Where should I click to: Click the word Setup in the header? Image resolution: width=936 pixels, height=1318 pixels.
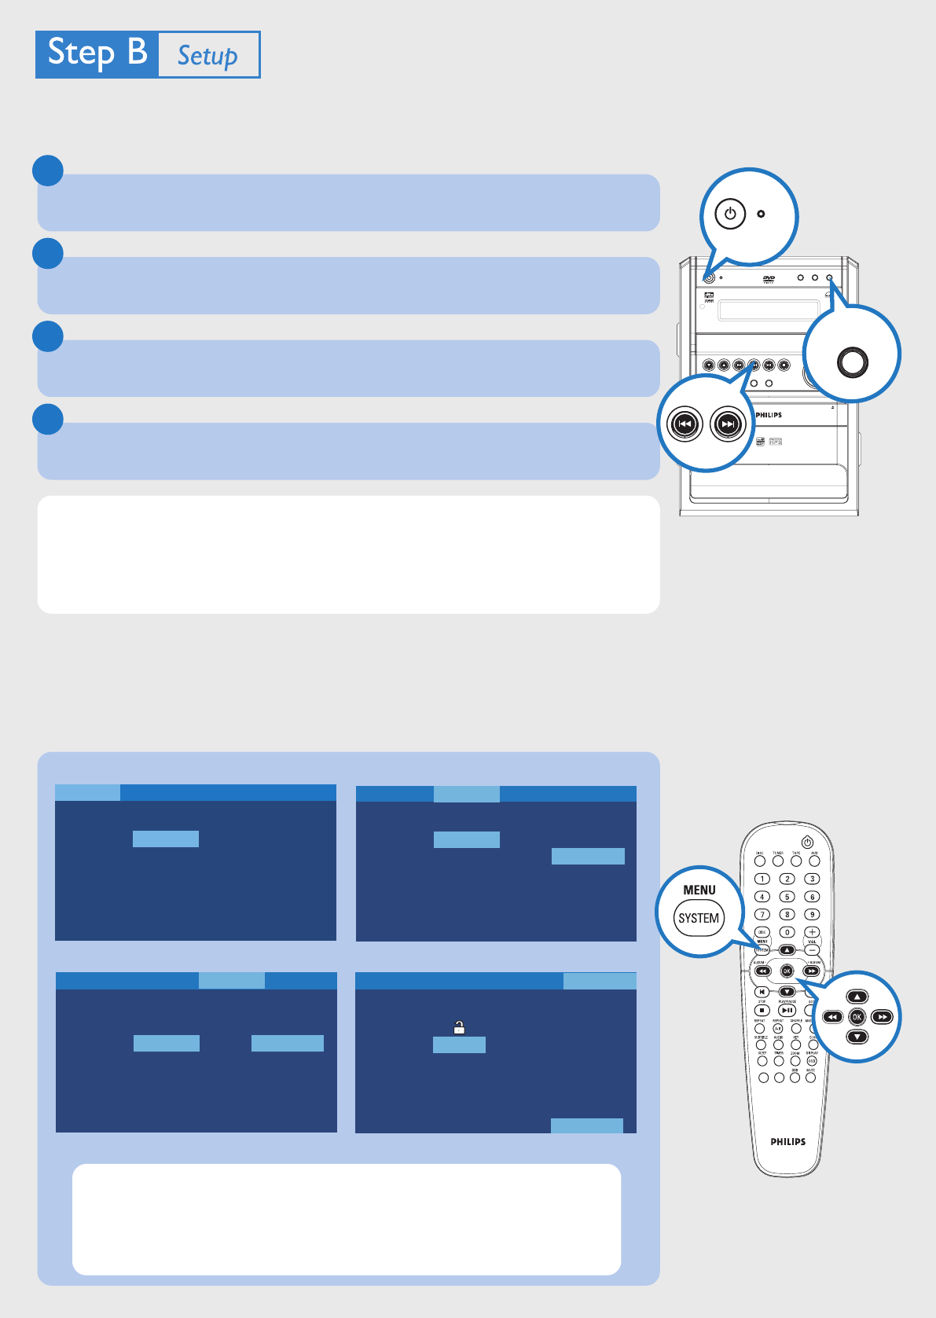(x=207, y=56)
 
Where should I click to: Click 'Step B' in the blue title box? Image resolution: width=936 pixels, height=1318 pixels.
(x=97, y=53)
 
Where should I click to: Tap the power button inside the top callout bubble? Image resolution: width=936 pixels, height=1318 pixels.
(x=730, y=214)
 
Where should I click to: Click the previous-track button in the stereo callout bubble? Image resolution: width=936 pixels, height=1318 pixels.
(x=685, y=424)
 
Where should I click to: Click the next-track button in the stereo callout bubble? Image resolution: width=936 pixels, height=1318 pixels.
(x=728, y=424)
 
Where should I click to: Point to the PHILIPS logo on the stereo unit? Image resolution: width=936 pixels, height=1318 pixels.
(x=769, y=415)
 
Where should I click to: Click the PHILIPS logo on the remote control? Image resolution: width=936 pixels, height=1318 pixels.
(x=787, y=1142)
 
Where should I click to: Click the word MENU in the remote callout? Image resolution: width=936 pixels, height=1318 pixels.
(x=699, y=890)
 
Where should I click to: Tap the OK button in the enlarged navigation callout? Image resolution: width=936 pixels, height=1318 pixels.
(x=857, y=1017)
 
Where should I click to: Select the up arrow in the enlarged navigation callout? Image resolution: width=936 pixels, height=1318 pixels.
(x=857, y=997)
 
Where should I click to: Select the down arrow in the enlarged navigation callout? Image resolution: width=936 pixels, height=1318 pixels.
(x=857, y=1037)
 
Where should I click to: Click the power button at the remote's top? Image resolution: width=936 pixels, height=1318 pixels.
(x=807, y=843)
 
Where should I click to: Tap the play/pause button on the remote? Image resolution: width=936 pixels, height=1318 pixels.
(x=787, y=1011)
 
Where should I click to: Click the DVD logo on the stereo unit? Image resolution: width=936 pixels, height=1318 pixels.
(x=769, y=279)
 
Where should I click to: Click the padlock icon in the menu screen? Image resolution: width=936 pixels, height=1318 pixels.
(x=459, y=1027)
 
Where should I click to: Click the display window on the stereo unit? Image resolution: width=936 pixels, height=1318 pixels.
(x=769, y=310)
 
